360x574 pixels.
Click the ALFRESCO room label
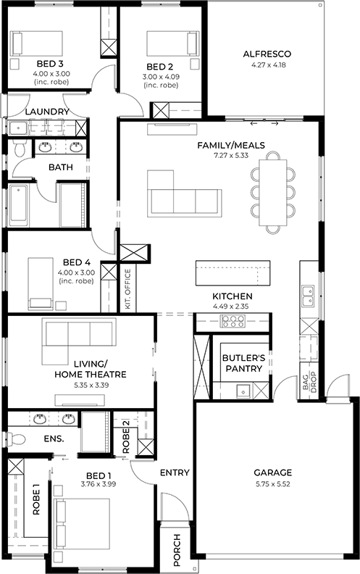point(267,54)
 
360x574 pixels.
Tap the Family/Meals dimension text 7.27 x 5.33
point(231,155)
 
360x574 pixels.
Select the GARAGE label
point(272,473)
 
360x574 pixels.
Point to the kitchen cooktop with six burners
point(233,321)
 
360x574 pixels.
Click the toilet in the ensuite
point(17,438)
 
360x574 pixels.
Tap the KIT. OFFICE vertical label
point(127,289)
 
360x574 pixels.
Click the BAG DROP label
point(309,382)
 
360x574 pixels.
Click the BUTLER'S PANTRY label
point(243,363)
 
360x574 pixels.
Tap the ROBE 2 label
point(126,436)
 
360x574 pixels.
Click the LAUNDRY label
point(47,112)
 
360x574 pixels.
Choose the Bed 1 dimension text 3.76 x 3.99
point(99,484)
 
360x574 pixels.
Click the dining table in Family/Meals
point(273,193)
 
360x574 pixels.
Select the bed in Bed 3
point(36,43)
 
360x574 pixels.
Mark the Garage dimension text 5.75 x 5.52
point(272,484)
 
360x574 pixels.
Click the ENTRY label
point(175,473)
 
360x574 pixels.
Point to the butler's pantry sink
point(243,391)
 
